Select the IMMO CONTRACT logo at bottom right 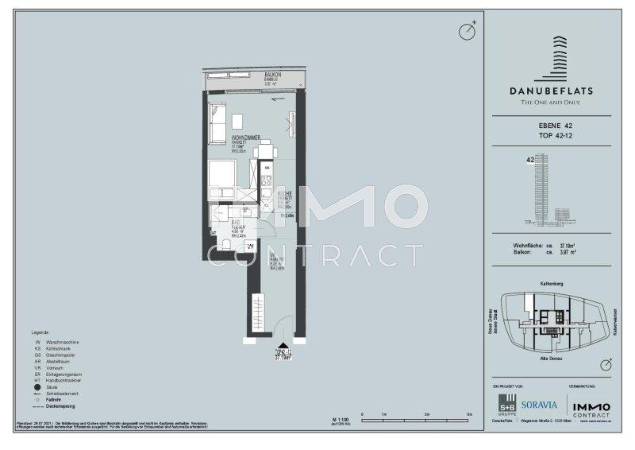pos(592,402)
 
